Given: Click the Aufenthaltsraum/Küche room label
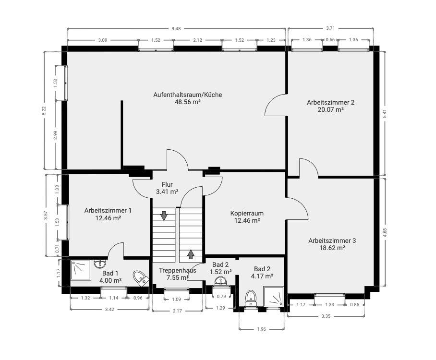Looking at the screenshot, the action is (188, 95).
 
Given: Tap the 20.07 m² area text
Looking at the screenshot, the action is (331, 109).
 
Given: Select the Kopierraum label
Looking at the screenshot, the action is (247, 213).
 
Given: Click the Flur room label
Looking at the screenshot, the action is (167, 184).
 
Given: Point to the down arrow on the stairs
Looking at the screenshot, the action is (164, 216).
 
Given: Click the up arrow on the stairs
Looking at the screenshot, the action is (191, 254).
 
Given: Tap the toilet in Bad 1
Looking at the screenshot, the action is (141, 278).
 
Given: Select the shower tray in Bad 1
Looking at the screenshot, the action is (81, 270).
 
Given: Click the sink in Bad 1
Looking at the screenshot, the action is (99, 264).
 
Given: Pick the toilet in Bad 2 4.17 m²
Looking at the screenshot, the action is (251, 299).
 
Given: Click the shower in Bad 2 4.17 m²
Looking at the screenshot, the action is (274, 297).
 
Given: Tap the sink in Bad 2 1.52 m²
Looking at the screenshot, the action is (221, 281).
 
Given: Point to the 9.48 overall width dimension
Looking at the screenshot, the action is (176, 28).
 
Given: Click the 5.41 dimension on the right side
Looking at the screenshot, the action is (385, 114).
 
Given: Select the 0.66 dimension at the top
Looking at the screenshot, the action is (330, 40).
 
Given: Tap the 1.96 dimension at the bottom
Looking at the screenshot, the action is (261, 329).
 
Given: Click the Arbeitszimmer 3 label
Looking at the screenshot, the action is (332, 240).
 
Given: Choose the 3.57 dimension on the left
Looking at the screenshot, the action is (46, 216).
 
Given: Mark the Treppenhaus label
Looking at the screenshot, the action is (177, 270).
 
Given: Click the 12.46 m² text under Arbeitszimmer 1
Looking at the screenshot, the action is (108, 218).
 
